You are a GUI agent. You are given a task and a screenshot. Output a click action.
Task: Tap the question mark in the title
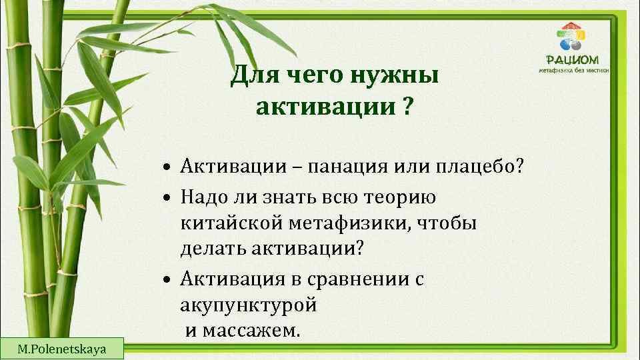click(x=407, y=106)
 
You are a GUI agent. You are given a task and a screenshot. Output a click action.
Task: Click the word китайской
click(x=229, y=223)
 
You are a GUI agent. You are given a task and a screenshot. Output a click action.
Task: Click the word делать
click(x=213, y=248)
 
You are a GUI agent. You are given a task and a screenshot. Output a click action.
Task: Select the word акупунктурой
click(x=247, y=306)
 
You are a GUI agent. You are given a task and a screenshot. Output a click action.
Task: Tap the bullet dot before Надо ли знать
click(x=171, y=199)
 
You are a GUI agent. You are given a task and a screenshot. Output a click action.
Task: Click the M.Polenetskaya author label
click(x=61, y=348)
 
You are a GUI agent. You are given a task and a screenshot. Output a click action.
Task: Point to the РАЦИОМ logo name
click(x=577, y=59)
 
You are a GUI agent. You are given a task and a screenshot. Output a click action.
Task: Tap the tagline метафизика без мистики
click(x=577, y=70)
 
